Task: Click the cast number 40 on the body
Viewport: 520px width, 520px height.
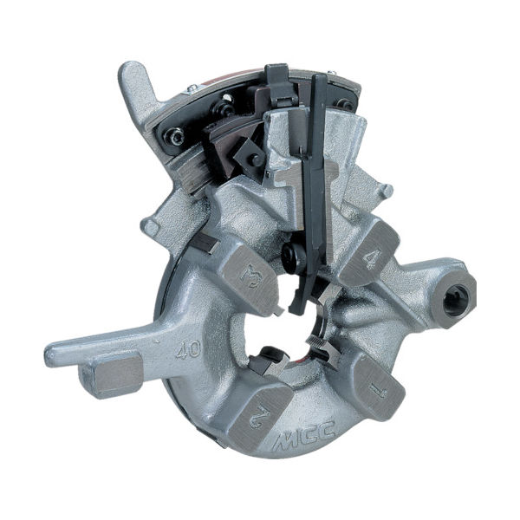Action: click(x=184, y=351)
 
